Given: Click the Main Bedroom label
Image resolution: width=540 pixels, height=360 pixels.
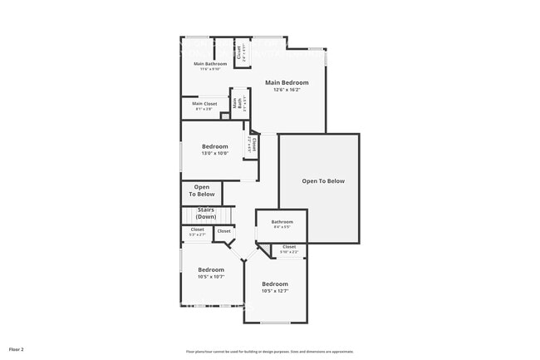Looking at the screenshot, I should (287, 82).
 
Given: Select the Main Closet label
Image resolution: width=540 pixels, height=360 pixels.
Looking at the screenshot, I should (204, 104).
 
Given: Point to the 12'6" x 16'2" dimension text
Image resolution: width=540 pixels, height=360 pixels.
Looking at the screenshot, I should (287, 90).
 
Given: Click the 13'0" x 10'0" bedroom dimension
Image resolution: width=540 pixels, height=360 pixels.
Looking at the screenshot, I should (214, 153).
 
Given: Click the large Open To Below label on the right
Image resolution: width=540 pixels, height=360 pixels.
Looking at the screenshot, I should (322, 180).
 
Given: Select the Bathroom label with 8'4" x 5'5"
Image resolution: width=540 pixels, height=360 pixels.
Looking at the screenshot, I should (282, 221).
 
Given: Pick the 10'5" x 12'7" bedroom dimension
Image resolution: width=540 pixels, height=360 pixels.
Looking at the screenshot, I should (274, 291).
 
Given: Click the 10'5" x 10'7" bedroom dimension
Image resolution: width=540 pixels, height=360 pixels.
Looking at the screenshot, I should (210, 276).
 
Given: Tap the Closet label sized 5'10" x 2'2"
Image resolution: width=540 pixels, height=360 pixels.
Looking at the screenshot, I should (289, 247).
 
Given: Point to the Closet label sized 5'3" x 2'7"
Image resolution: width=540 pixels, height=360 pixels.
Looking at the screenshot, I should (198, 229).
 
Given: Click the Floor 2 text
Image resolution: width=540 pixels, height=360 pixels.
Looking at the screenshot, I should (17, 348).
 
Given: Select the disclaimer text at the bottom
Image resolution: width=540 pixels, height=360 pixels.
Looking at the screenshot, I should (269, 351).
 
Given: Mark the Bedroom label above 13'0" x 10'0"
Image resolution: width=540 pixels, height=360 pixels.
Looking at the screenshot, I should (214, 146).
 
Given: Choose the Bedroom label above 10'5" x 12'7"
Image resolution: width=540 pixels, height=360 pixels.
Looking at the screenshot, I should (274, 284).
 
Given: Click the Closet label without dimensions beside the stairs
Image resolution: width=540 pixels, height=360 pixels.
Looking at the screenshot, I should (224, 231).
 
